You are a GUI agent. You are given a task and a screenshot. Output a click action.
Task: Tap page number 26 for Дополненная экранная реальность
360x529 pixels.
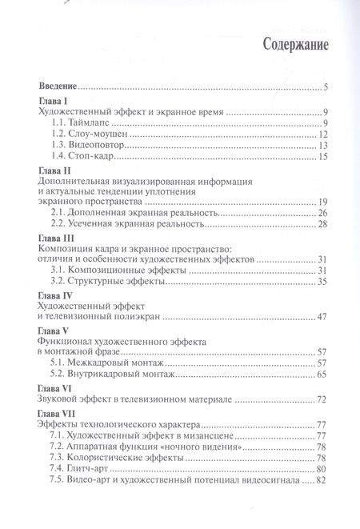pos(322,214)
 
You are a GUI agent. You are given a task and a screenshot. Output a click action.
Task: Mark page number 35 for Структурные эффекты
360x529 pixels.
pos(322,281)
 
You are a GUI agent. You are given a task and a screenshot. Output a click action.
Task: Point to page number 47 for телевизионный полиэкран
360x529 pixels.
pos(322,318)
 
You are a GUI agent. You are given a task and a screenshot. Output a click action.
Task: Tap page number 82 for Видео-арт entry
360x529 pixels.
pos(322,480)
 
